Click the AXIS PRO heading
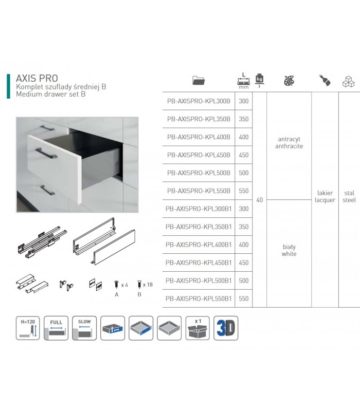point(37,78)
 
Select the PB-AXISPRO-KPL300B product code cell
point(199,101)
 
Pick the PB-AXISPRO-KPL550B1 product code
point(199,298)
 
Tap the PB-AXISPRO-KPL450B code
point(199,155)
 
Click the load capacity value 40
point(260,200)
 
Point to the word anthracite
point(289,146)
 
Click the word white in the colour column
point(289,254)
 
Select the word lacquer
point(325,200)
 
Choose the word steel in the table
point(349,200)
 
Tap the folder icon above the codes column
point(199,80)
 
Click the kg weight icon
point(259,80)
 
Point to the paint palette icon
point(289,81)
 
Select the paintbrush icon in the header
point(325,80)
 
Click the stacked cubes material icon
point(349,82)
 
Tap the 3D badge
point(226,328)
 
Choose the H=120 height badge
point(28,328)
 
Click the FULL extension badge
point(56,328)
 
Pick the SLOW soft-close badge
point(84,328)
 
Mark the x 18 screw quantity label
point(148,285)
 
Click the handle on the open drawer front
point(46,154)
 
